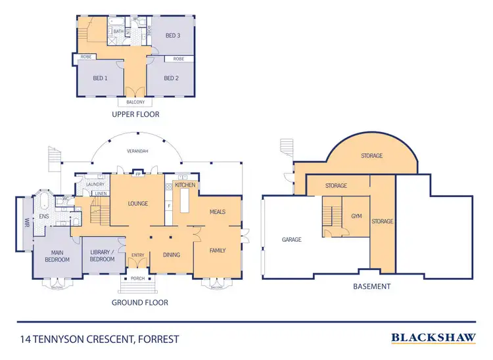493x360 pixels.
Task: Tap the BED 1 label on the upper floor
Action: click(x=99, y=78)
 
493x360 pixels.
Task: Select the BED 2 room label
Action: click(x=171, y=78)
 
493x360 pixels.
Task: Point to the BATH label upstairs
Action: click(x=119, y=31)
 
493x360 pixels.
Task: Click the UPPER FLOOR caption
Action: click(x=135, y=114)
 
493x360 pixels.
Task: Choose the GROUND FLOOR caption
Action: click(x=139, y=303)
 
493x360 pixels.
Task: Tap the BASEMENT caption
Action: click(x=371, y=286)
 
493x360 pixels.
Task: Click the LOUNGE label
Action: click(x=137, y=204)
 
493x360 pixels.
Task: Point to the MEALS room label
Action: click(x=218, y=212)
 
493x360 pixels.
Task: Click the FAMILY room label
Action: click(x=218, y=250)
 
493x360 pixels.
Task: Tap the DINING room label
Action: click(x=171, y=255)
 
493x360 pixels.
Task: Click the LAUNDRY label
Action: click(x=95, y=185)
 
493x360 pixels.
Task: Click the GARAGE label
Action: click(x=292, y=240)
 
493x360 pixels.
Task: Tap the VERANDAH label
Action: click(x=137, y=151)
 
